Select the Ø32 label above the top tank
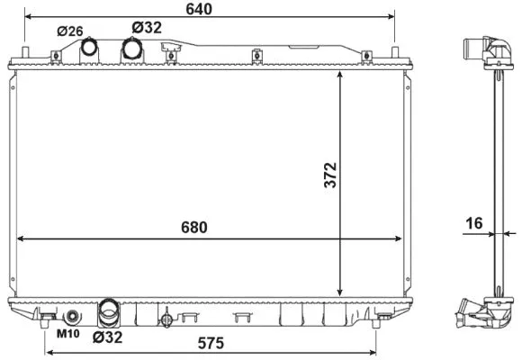pyautogui.click(x=146, y=28)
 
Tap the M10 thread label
pyautogui.click(x=67, y=335)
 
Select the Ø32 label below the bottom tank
pyautogui.click(x=106, y=337)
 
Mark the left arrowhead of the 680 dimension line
pyautogui.click(x=21, y=239)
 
